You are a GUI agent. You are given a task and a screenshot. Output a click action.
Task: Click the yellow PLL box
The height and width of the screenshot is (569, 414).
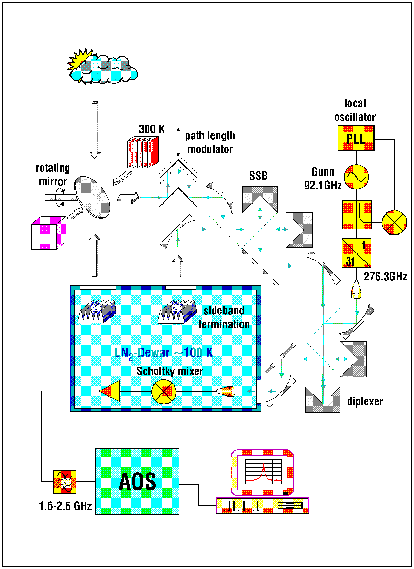[x=356, y=138]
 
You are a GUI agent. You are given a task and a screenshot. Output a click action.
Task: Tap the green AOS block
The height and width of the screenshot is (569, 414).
[x=137, y=481]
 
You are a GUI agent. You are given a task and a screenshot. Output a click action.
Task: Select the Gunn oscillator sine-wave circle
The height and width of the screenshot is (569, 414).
[x=356, y=177]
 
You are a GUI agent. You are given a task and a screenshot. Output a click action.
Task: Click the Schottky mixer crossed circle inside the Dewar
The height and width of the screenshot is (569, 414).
[x=164, y=392]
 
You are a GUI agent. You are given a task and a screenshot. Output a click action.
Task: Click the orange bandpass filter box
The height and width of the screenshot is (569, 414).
[x=65, y=482]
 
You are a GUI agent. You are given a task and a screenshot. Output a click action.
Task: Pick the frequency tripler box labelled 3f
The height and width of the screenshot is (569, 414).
[x=356, y=253]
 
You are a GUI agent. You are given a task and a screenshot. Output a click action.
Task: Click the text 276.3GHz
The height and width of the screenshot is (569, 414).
[x=385, y=277]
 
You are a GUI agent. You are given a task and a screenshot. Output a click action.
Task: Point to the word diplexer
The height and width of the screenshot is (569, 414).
[x=365, y=401]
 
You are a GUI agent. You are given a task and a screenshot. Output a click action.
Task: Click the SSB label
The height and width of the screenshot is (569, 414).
[x=258, y=176]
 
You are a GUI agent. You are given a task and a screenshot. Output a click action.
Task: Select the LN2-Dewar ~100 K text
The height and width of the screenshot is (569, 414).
[x=164, y=353]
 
